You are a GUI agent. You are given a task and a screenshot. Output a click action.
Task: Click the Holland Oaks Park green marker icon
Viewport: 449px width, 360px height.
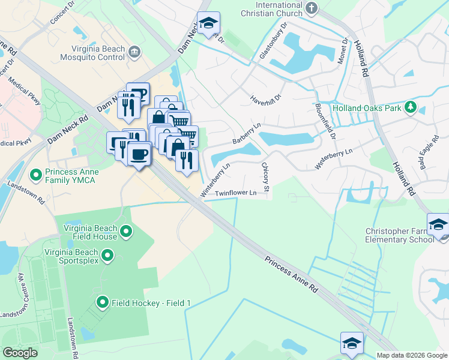411,107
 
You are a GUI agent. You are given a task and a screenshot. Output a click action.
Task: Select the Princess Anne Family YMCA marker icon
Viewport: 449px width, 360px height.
36,175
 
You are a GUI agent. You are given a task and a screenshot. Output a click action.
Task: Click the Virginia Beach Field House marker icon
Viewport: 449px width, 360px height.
126,231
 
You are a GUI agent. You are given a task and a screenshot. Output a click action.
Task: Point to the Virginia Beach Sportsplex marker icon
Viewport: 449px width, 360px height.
107,256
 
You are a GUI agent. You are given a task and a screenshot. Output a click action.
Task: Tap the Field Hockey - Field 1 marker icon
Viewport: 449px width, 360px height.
102,302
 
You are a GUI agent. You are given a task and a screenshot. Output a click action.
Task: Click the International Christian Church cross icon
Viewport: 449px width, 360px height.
311,8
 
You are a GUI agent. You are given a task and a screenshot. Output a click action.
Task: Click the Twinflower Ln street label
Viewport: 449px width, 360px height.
236,193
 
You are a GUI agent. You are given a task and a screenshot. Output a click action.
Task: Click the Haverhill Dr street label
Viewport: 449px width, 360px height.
266,99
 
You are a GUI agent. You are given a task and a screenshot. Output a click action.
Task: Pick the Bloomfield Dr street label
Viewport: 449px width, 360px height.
325,121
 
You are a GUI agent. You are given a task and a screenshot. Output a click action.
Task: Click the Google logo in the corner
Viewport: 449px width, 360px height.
20,352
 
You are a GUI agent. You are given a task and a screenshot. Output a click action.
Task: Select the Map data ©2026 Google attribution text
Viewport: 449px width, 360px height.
411,355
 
